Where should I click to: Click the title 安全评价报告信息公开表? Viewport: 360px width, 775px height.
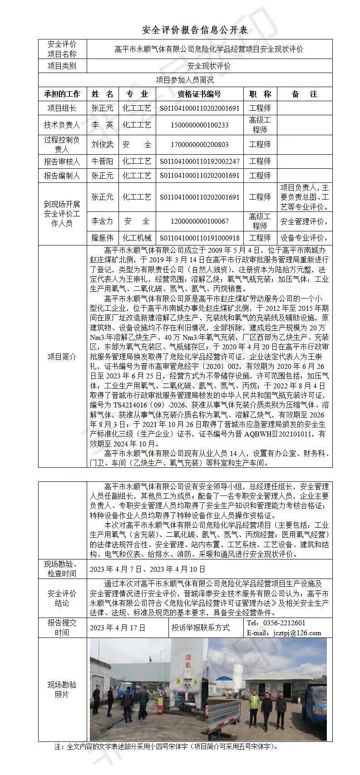coord(195,30)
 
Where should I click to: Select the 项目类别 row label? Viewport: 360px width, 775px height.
coord(62,66)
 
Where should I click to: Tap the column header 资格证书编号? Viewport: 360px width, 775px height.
coord(199,94)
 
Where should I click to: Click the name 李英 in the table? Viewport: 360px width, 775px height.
coord(103,125)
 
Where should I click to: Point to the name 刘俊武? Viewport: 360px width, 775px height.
coord(103,145)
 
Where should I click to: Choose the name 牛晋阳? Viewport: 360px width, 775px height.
coord(103,161)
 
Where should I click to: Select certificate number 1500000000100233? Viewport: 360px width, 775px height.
coord(199,125)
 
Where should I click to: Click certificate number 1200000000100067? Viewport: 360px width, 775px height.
coord(199,221)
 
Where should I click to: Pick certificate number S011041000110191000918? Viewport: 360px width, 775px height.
coord(199,238)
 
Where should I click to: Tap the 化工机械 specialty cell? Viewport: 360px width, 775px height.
coord(137,238)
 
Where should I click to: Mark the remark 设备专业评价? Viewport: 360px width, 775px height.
coord(304,238)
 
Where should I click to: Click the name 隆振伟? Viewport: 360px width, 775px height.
coord(103,238)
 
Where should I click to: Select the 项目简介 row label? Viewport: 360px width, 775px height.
coord(62,357)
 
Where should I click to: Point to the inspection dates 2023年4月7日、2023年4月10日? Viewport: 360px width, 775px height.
coord(148,569)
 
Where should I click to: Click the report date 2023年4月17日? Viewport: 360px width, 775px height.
coord(118,628)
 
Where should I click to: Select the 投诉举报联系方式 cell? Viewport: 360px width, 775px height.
coord(200,628)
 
